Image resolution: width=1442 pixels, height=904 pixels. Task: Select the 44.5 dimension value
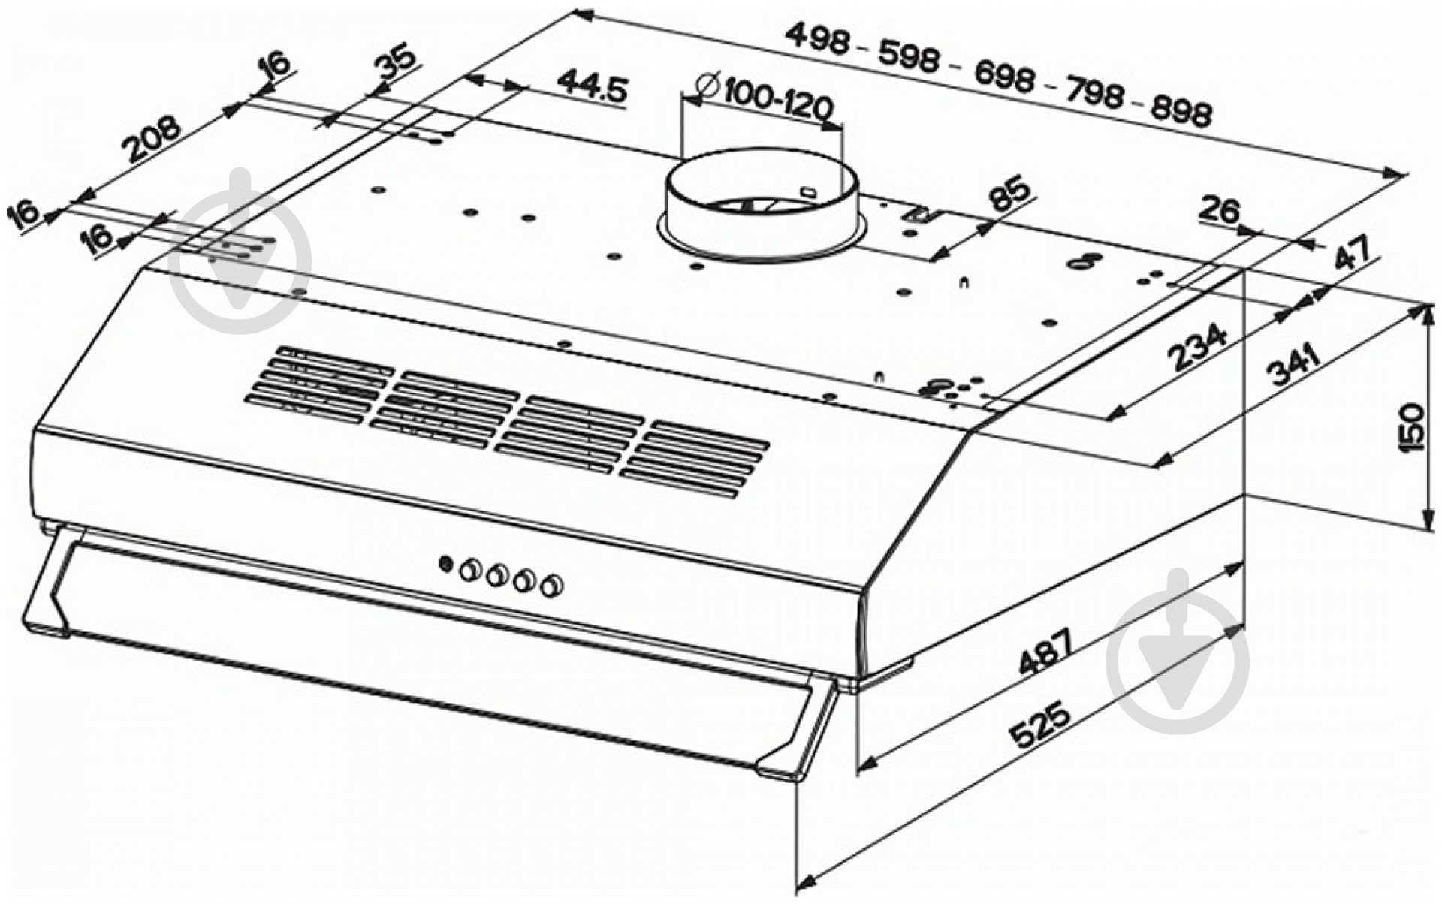click(593, 88)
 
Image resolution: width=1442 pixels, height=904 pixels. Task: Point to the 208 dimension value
click(153, 139)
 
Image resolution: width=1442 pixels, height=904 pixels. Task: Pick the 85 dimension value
click(1008, 194)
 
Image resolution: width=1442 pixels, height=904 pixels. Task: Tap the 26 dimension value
click(1219, 211)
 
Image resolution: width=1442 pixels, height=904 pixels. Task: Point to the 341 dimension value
click(1293, 364)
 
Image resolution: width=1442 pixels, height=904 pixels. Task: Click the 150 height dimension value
click(1411, 427)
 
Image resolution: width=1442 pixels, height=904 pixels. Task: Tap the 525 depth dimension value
click(1040, 725)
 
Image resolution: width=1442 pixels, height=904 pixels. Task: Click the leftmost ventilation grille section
click(318, 382)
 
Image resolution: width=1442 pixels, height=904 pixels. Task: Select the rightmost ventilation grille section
click(695, 459)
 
